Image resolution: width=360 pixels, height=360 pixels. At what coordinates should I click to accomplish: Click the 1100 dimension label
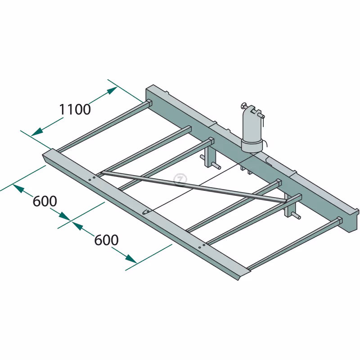pos(75,109)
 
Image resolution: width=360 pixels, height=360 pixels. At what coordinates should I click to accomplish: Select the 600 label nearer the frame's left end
pos(45,201)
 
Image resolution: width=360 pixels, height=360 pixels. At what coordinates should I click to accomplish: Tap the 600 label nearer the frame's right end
pos(106,240)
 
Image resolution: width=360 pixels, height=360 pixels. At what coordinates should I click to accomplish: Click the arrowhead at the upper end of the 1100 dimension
pos(112,90)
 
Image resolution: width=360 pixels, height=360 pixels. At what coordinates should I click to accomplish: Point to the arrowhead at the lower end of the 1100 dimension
pos(37,132)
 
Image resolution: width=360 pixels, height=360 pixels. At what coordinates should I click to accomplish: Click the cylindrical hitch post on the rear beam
pos(252,129)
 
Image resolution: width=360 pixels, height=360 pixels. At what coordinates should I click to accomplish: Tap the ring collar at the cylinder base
pos(252,145)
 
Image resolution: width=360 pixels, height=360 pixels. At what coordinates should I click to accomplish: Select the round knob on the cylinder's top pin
pos(243,106)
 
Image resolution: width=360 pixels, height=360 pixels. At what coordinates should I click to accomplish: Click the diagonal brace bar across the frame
pos(194,186)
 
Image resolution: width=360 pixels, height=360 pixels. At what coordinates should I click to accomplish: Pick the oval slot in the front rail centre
pos(146,211)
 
